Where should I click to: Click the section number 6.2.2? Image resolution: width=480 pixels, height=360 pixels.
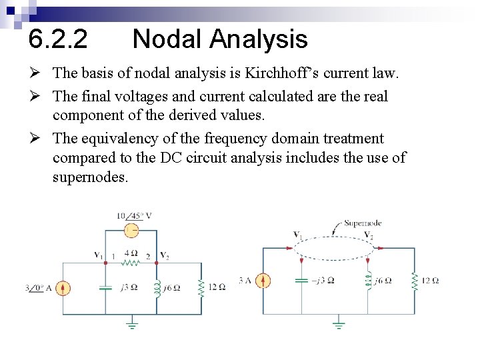pos(57,40)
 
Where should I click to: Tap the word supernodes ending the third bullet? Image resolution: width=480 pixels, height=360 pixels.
pos(90,179)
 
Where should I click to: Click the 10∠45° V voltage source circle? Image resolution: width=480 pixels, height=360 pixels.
pos(131,230)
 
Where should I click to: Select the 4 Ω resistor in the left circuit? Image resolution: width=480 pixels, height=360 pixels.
pos(131,262)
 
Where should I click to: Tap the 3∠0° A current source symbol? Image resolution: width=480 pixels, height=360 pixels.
pos(63,288)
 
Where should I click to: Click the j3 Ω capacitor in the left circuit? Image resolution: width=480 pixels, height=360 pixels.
pos(105,288)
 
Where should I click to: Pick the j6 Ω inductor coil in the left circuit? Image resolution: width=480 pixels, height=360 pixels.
pos(157,288)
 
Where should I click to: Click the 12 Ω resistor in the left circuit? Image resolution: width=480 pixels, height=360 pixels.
pos(201,288)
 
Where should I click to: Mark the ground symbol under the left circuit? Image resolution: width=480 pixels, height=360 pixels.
pos(131,325)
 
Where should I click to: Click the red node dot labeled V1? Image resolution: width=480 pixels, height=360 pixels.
pos(105,263)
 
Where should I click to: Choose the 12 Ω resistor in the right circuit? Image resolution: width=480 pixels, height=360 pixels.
pos(415,281)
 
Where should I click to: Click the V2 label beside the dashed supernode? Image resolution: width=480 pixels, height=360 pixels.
pos(369,235)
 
